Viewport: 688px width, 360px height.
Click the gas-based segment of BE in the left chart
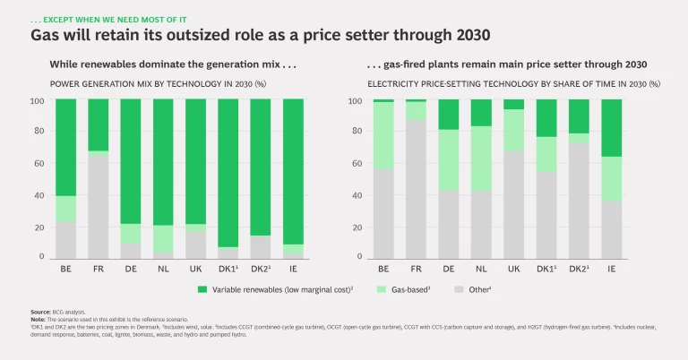[x=64, y=209]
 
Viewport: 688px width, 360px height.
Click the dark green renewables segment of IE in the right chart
[x=611, y=128]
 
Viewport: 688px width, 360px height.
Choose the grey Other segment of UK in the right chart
[x=513, y=205]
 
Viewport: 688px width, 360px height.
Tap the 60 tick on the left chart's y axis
[x=38, y=164]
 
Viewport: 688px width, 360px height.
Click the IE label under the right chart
[x=611, y=269]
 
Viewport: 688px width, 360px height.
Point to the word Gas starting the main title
[x=46, y=36]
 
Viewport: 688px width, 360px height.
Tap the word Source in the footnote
[x=40, y=311]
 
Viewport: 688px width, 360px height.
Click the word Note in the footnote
[x=38, y=318]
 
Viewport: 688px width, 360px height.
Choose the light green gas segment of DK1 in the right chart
[x=546, y=154]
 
